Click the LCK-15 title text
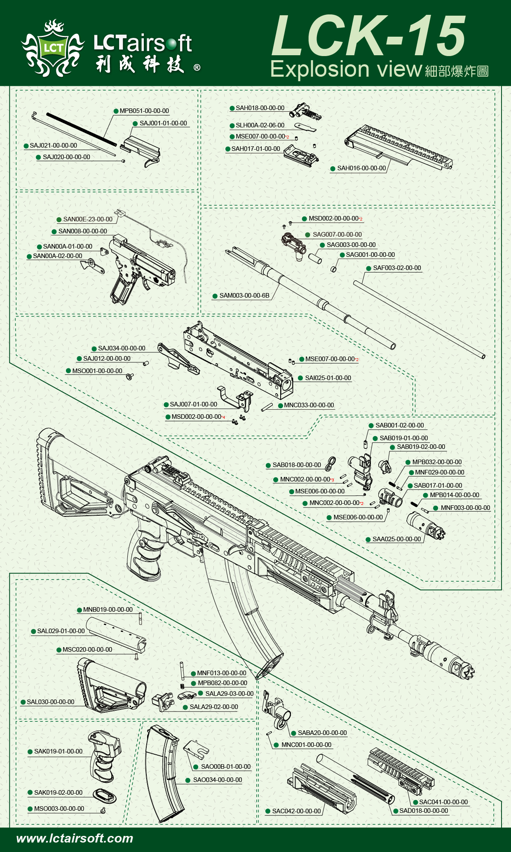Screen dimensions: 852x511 [x=369, y=36]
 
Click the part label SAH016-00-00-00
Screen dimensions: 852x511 [x=361, y=168]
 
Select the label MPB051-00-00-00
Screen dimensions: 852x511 [x=144, y=111]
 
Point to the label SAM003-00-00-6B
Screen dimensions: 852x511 [x=244, y=296]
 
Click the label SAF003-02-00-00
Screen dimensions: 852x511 [x=397, y=268]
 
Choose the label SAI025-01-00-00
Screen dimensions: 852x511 [x=328, y=378]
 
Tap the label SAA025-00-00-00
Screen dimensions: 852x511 [x=396, y=539]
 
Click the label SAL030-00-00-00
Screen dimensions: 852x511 [x=50, y=702]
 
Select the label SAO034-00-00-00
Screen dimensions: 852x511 [x=217, y=780]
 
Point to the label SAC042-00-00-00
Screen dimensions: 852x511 [x=296, y=811]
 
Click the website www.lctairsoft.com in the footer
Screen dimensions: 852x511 [x=75, y=838]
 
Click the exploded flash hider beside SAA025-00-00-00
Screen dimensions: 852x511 [x=426, y=525]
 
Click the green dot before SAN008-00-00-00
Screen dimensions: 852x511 [x=54, y=232]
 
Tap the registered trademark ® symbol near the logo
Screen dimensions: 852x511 [x=197, y=67]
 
